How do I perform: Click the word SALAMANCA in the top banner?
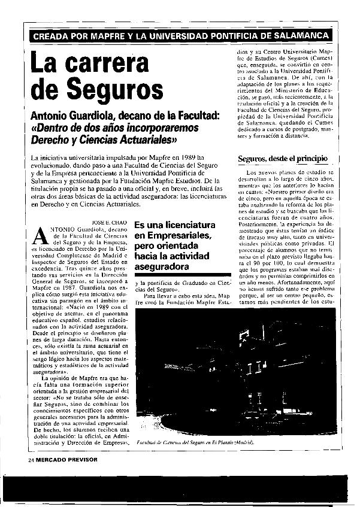pyautogui.click(x=304, y=36)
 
